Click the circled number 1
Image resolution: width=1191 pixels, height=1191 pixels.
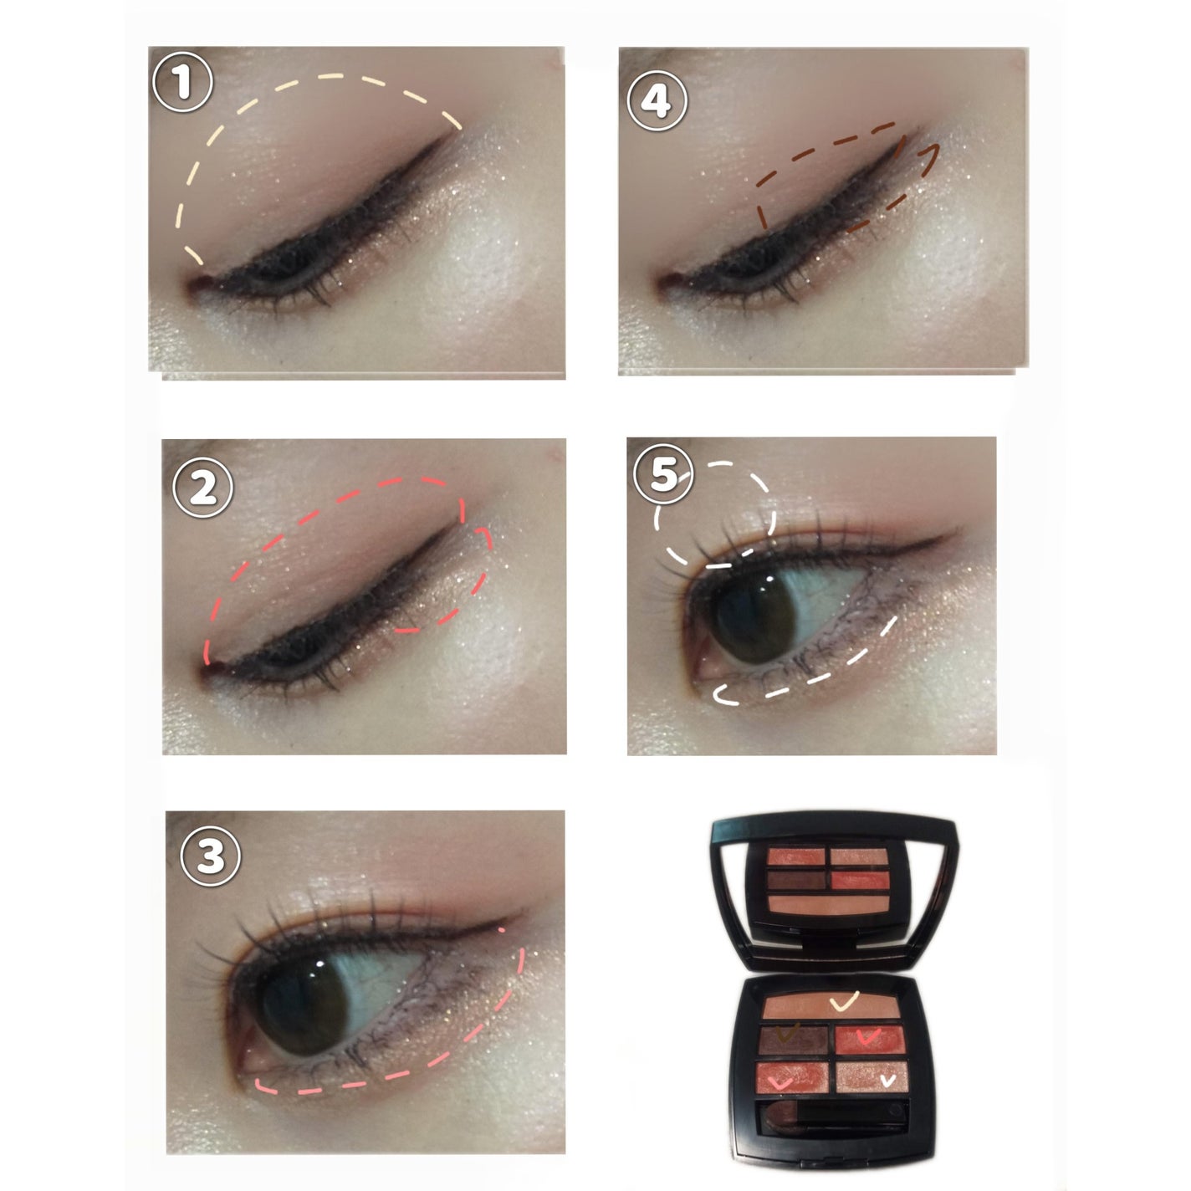[182, 82]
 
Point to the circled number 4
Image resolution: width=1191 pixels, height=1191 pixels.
[657, 100]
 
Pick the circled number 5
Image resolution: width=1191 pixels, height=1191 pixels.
[664, 474]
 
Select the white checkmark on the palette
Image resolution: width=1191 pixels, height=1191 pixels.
[887, 1097]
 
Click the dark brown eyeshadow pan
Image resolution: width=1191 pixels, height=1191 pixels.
[794, 1040]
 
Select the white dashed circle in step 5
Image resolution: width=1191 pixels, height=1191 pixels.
[715, 514]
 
